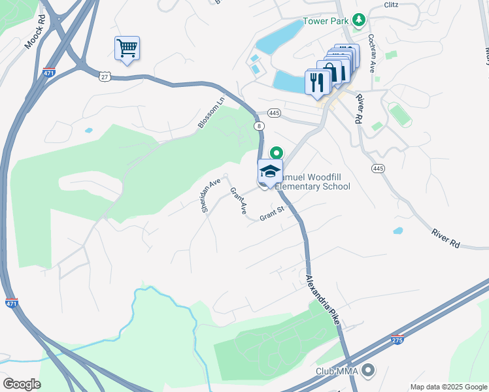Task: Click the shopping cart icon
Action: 127,48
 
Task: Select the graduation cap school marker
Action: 270,172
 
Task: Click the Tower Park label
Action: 326,22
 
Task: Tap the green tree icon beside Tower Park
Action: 358,21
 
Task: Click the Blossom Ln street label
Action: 211,113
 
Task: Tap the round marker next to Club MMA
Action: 367,371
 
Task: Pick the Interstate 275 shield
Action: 397,339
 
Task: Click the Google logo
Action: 22,384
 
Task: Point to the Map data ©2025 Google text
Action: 448,387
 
